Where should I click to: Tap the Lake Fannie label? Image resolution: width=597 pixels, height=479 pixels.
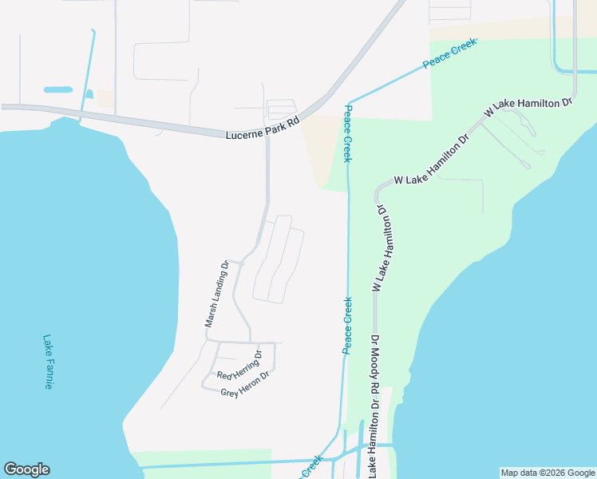pyautogui.click(x=48, y=362)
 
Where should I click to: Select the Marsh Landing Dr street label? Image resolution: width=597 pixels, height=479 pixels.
pyautogui.click(x=215, y=295)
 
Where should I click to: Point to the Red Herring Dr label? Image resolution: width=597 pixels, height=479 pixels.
pyautogui.click(x=239, y=364)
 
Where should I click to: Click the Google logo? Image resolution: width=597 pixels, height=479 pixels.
pyautogui.click(x=26, y=469)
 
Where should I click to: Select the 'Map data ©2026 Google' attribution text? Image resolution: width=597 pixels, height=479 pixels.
pyautogui.click(x=548, y=473)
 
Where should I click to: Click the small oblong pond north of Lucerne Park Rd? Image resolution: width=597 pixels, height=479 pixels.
pyautogui.click(x=57, y=89)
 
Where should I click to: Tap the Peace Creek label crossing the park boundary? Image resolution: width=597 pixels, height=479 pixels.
pyautogui.click(x=449, y=53)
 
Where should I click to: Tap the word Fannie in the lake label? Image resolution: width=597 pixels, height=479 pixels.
pyautogui.click(x=48, y=373)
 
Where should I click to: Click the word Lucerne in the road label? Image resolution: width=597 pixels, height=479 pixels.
pyautogui.click(x=243, y=132)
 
